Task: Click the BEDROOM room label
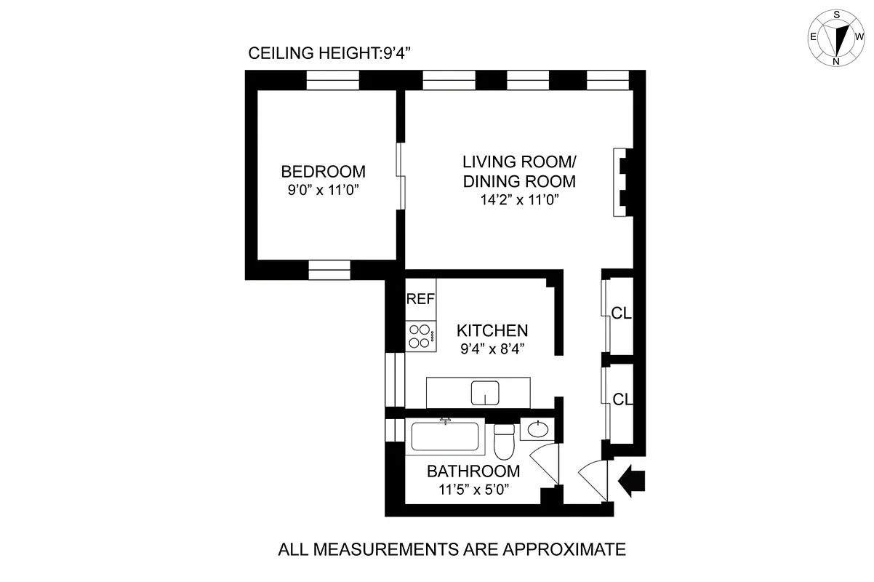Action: [x=323, y=172]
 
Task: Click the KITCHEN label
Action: [x=492, y=331]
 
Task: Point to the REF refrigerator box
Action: [x=420, y=299]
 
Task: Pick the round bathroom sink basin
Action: [x=537, y=430]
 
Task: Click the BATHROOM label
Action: [x=473, y=471]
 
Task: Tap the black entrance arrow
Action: [x=630, y=480]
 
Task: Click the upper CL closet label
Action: [x=622, y=314]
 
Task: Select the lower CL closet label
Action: [x=622, y=399]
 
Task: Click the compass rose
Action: [x=835, y=38]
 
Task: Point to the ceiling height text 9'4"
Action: [x=397, y=53]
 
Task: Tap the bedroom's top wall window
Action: [x=332, y=80]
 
